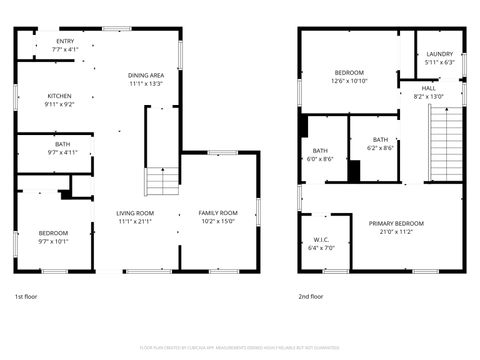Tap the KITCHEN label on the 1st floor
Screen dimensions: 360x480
pyautogui.click(x=59, y=96)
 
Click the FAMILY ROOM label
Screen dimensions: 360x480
pyautogui.click(x=218, y=213)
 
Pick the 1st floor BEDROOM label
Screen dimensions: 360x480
pyautogui.click(x=53, y=232)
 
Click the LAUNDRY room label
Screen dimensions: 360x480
pyautogui.click(x=440, y=54)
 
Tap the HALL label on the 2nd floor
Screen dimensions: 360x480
pyautogui.click(x=428, y=88)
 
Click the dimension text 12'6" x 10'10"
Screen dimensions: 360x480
pyautogui.click(x=349, y=81)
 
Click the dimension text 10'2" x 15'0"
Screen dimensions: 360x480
pyautogui.click(x=218, y=222)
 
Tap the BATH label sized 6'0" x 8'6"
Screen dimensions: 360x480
pyautogui.click(x=320, y=150)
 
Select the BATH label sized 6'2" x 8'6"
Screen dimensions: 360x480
pyautogui.click(x=380, y=140)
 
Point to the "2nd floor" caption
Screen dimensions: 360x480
pyautogui.click(x=311, y=297)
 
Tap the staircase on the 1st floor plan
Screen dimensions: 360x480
pyautogui.click(x=161, y=182)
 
